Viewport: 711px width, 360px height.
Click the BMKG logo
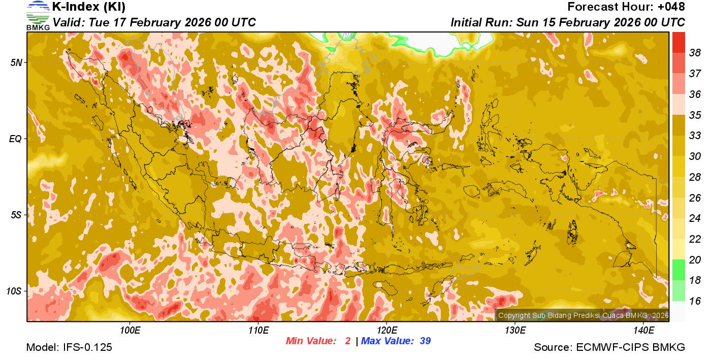click(x=38, y=15)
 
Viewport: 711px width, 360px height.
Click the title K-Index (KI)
click(x=89, y=7)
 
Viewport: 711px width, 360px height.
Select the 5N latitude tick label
click(x=16, y=62)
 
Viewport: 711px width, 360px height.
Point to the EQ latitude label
click(x=16, y=139)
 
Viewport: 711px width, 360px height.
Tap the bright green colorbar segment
click(x=678, y=270)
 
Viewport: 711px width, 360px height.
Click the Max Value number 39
click(x=425, y=341)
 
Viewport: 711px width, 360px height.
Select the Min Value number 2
click(x=348, y=341)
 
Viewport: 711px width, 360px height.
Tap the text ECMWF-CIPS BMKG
click(x=630, y=347)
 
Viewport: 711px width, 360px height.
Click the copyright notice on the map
click(x=583, y=315)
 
